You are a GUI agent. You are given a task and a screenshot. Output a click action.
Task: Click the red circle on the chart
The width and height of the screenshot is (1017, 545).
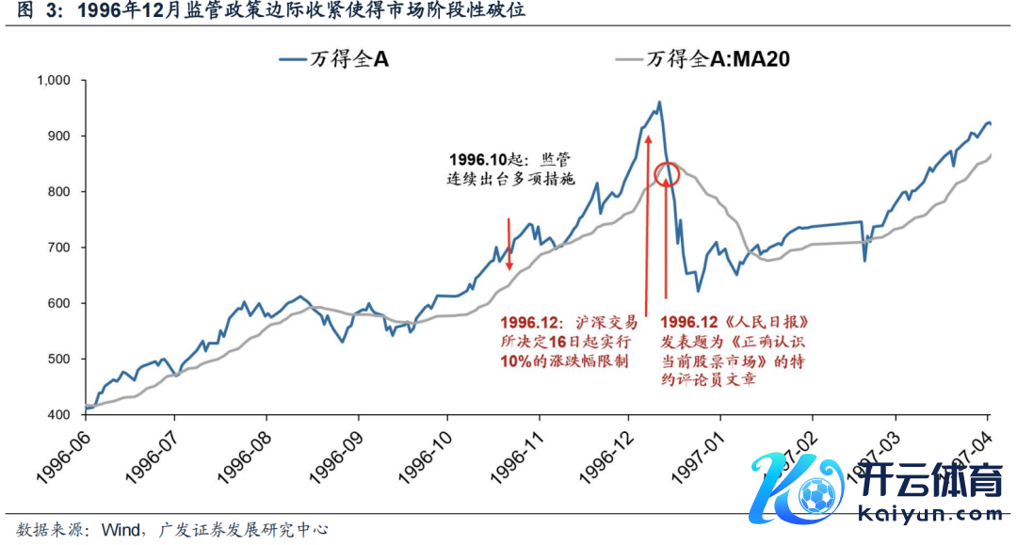coord(666,174)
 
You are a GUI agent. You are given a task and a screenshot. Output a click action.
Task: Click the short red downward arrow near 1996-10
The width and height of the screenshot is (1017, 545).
coord(508,245)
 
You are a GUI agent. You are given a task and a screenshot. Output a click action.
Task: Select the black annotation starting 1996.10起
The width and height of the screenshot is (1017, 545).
coord(509,168)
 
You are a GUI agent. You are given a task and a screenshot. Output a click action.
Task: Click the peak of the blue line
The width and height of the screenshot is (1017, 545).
coord(658,102)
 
